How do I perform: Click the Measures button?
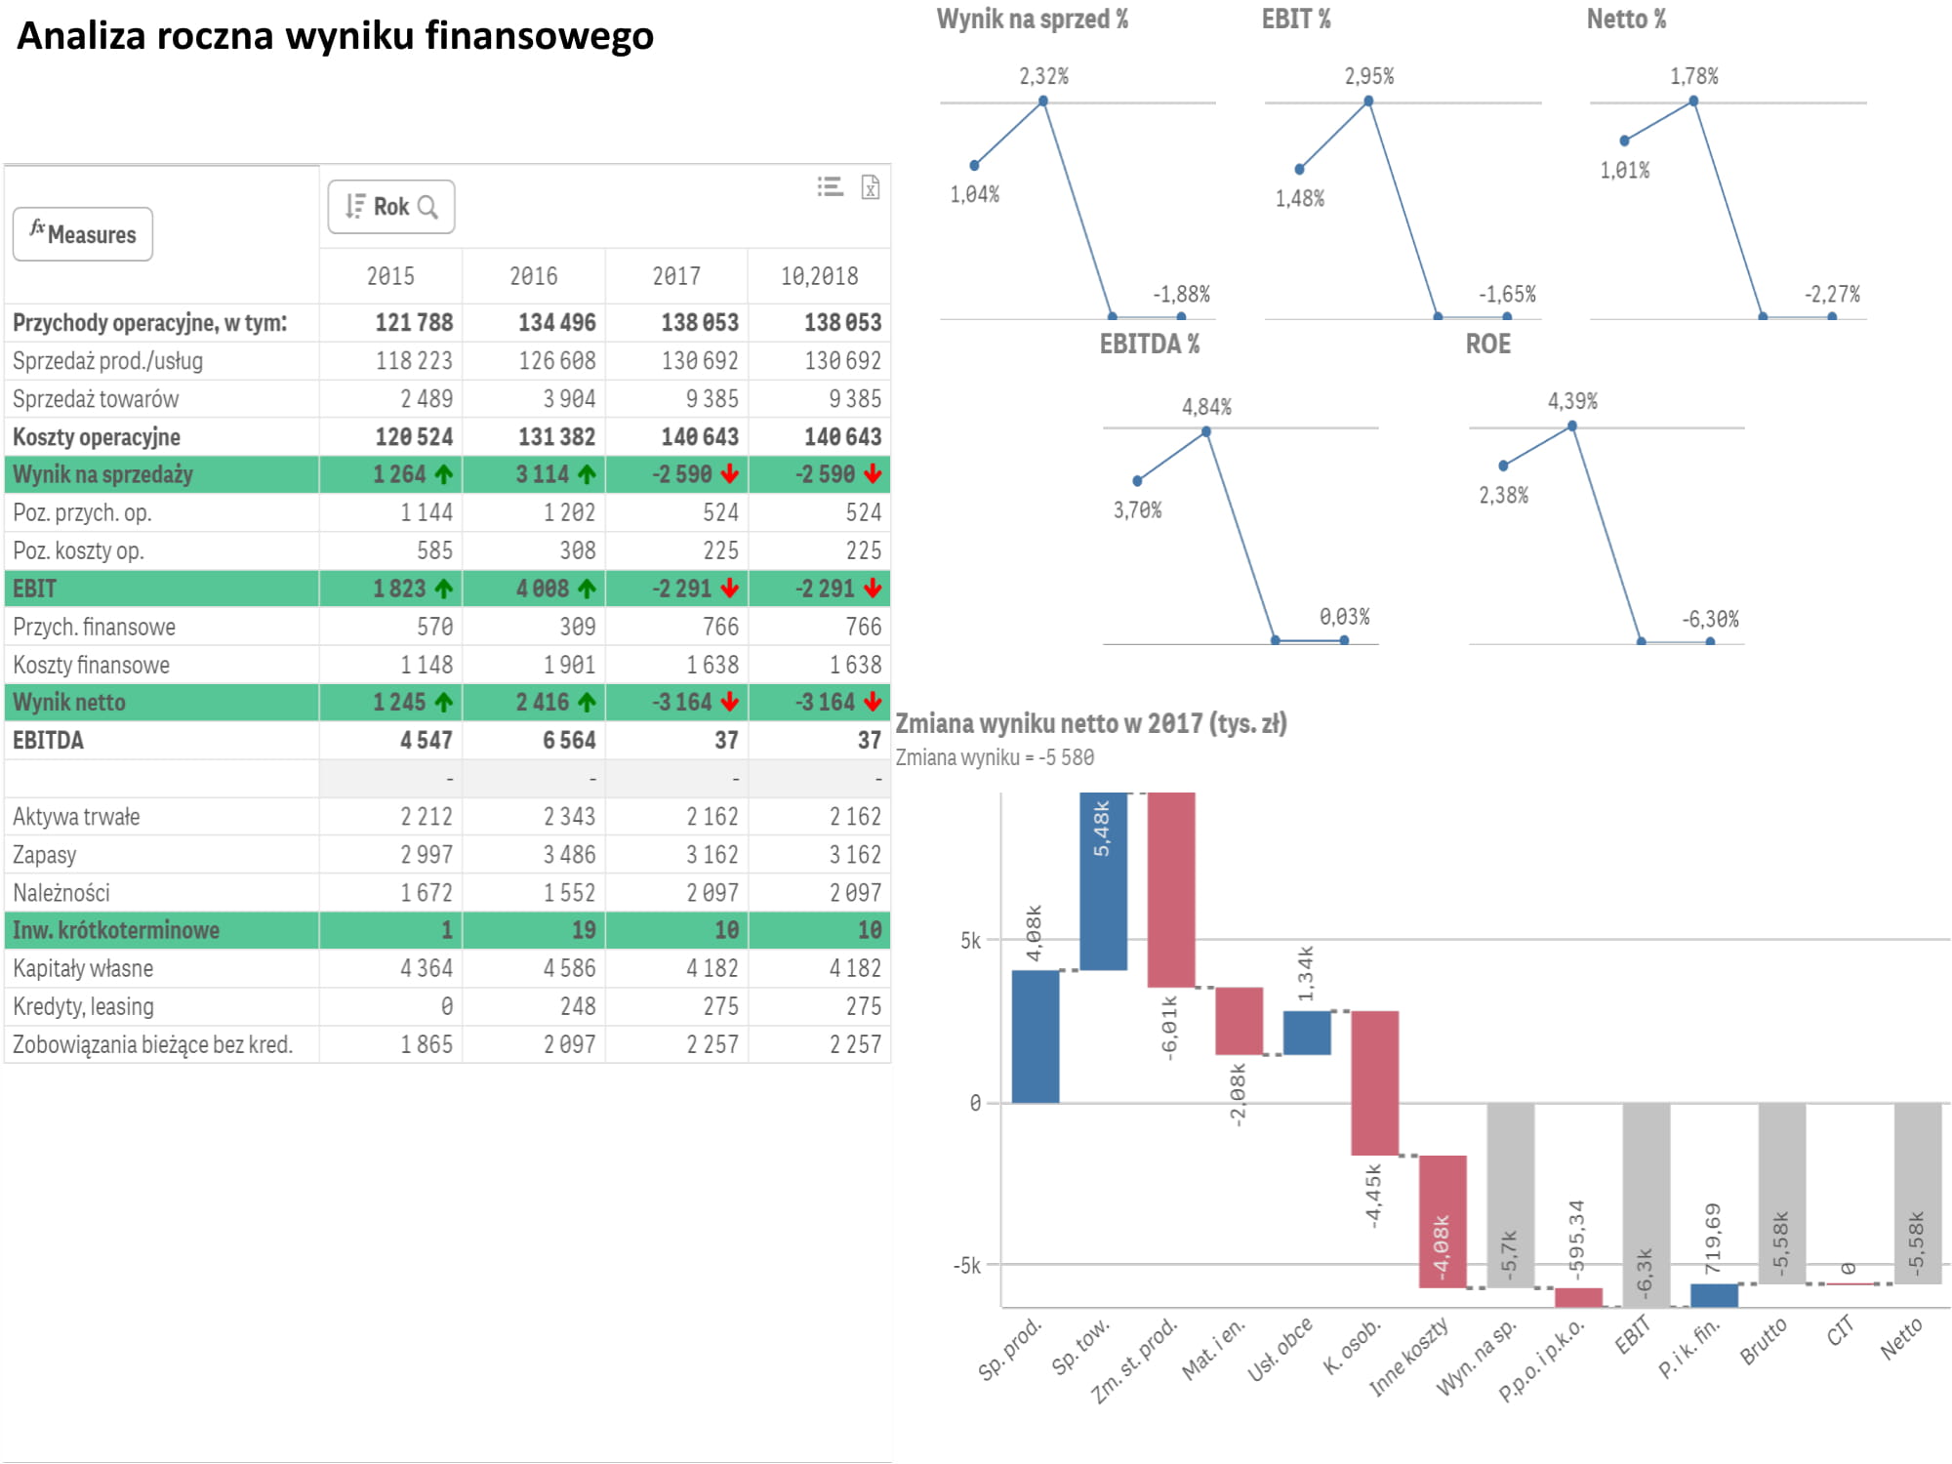(x=83, y=234)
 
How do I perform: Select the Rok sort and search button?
(x=391, y=207)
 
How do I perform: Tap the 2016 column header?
(x=534, y=276)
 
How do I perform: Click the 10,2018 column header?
(x=819, y=276)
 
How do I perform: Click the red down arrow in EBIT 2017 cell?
(x=730, y=589)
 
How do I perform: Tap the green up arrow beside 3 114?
(x=587, y=474)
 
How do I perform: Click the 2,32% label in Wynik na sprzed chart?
(x=1043, y=76)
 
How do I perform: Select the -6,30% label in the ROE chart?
(x=1710, y=619)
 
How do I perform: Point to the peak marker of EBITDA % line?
(x=1206, y=430)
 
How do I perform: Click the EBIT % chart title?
(x=1295, y=20)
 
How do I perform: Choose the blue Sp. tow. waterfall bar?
(x=1103, y=880)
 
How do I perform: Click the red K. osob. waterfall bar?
(x=1374, y=1082)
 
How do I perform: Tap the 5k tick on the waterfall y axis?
(x=971, y=941)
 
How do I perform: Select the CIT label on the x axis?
(x=1840, y=1331)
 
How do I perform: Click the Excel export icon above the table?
(x=871, y=186)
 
